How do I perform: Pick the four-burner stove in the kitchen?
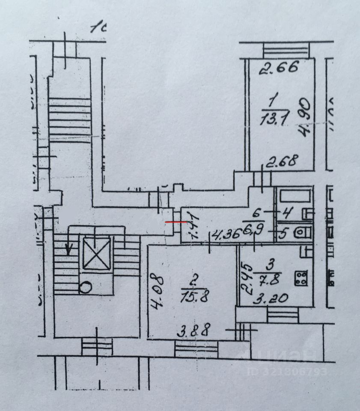(x=300, y=278)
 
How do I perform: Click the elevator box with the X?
(x=96, y=253)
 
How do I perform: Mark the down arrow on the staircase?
(x=68, y=249)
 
